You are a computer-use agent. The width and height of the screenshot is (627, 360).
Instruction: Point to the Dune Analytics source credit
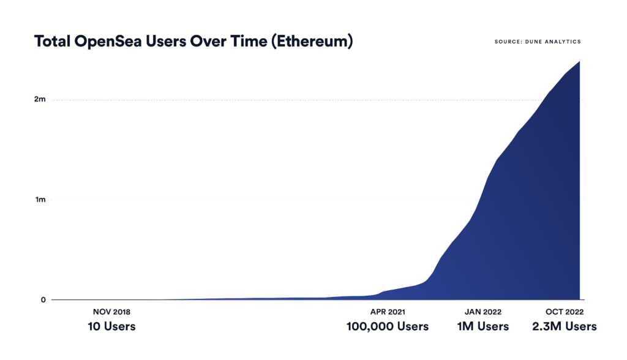[x=538, y=42]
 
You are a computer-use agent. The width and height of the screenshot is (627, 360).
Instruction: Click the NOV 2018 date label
[x=111, y=312]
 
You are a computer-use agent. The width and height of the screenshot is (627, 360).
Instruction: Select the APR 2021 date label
[x=388, y=312]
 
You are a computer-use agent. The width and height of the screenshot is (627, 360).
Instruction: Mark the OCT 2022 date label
[x=563, y=312]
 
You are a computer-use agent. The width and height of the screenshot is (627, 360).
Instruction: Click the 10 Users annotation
[x=111, y=326]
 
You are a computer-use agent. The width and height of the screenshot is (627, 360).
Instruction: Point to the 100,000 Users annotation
[x=388, y=326]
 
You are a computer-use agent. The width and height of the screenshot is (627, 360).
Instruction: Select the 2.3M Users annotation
[x=563, y=326]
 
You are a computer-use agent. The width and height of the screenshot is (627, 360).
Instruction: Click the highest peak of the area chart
[x=579, y=62]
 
